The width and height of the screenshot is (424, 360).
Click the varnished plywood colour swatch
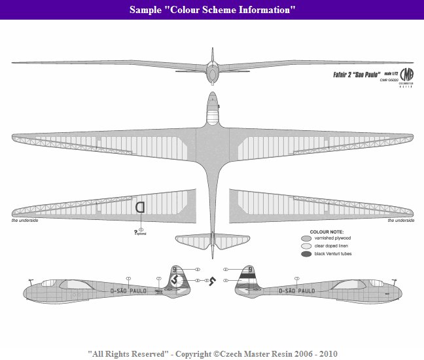coord(306,238)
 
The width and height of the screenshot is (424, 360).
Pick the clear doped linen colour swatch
coord(306,245)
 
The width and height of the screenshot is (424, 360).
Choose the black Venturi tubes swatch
coord(306,253)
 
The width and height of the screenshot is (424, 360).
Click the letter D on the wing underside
coord(139,207)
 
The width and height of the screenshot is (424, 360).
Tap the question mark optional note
coord(135,231)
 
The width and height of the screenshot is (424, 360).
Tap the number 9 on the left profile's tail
coord(175,268)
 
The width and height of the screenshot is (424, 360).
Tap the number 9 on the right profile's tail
coord(250,268)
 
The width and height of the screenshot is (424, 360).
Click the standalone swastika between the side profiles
coord(211,281)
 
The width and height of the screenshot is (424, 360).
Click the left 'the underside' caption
coord(24,221)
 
